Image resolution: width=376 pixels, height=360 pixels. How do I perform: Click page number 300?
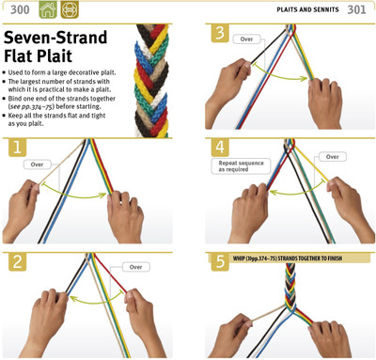[20, 9]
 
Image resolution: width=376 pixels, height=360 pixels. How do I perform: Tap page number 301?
[356, 9]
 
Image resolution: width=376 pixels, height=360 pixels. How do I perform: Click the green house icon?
[48, 9]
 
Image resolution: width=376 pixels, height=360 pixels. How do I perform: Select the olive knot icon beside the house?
[70, 9]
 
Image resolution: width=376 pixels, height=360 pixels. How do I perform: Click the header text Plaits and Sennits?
[307, 9]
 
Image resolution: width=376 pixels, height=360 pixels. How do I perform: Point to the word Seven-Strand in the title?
[55, 38]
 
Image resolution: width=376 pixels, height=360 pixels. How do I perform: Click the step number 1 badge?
[17, 148]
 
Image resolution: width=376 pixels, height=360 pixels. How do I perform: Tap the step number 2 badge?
[17, 261]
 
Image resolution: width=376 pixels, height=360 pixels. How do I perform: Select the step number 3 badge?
[220, 33]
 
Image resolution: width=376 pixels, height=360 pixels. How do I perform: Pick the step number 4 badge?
[220, 148]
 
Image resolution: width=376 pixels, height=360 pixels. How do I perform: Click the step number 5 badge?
[220, 261]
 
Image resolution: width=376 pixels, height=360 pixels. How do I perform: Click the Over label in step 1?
[37, 164]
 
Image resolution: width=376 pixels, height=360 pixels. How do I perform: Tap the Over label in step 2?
[136, 267]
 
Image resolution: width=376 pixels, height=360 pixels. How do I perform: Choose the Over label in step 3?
[246, 39]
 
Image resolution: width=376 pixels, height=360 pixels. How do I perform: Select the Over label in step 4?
[333, 157]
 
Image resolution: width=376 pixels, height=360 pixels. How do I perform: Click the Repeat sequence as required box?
[241, 166]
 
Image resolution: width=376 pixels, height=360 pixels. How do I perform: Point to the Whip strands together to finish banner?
[287, 258]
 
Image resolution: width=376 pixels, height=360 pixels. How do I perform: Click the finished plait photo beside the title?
[152, 81]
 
